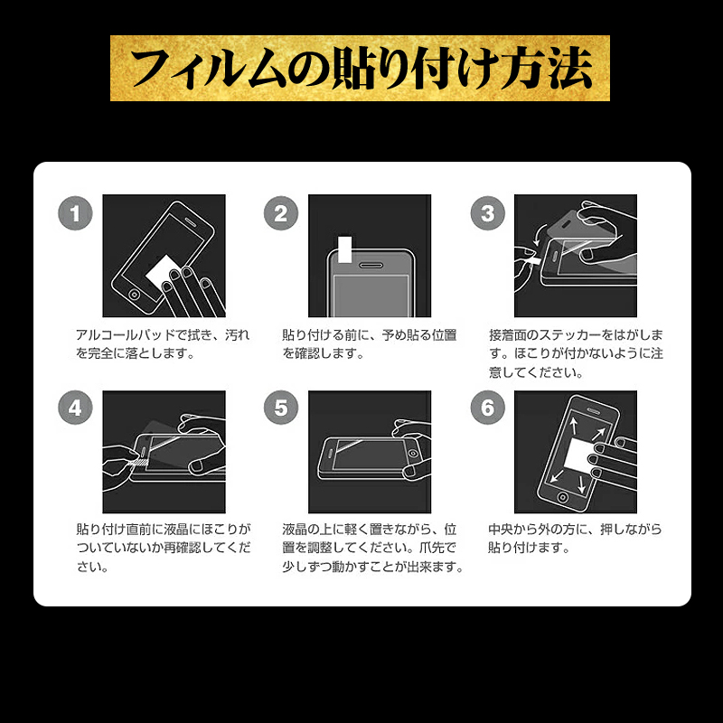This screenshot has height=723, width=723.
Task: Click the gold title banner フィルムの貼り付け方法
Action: (x=360, y=68)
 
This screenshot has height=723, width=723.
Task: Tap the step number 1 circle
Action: (x=75, y=213)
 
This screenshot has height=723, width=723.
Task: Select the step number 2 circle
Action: (x=281, y=213)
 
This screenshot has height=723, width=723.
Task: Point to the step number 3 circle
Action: (x=487, y=213)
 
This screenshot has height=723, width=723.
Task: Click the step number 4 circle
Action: (x=75, y=408)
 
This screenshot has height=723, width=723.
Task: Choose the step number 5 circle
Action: (x=281, y=408)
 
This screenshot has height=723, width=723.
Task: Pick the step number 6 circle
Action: (x=487, y=408)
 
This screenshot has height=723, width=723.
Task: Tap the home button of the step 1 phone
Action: (x=134, y=295)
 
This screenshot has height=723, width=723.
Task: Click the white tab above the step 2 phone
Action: (x=345, y=249)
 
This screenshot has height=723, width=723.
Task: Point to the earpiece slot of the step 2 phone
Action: (x=371, y=266)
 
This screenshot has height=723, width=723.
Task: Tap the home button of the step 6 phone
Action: (x=562, y=498)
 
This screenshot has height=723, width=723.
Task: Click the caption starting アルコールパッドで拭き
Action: (x=163, y=344)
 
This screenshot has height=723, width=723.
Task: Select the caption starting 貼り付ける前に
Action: (x=370, y=344)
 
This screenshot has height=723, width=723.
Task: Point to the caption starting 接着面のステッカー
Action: (x=576, y=353)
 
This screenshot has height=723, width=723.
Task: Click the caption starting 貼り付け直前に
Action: (x=164, y=548)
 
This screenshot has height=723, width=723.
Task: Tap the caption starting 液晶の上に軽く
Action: (x=372, y=548)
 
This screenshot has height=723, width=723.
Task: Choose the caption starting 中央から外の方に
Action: (x=575, y=538)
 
